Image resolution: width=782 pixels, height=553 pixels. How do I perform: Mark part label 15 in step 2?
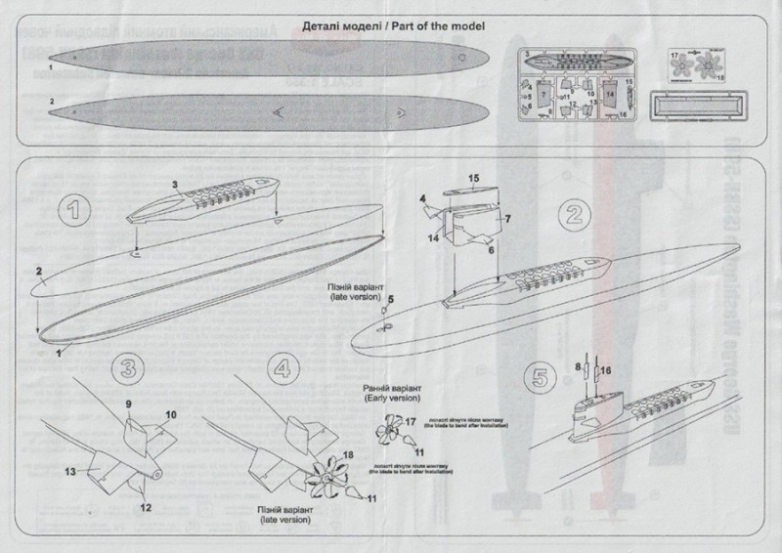473,179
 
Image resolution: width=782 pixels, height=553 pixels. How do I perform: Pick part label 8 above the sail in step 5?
578,367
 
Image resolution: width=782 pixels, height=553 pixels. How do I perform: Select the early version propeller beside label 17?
388,426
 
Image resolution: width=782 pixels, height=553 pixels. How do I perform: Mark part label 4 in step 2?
424,198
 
